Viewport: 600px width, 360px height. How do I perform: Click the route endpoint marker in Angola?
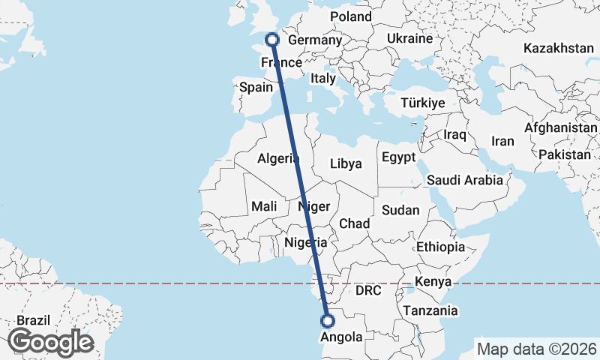(328, 321)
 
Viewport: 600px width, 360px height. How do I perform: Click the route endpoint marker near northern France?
(272, 40)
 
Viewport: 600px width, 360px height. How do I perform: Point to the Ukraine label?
(410, 38)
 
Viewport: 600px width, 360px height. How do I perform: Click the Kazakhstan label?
(559, 48)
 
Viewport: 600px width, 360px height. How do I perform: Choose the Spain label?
(256, 87)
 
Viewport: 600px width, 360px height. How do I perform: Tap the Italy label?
(323, 78)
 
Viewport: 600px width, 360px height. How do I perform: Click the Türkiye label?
(424, 103)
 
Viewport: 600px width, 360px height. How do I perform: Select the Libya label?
(346, 163)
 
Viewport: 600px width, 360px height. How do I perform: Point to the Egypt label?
(398, 157)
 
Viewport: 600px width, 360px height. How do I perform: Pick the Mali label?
(264, 205)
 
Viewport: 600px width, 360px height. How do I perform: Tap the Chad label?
(355, 223)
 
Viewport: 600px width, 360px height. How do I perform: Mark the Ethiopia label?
(441, 247)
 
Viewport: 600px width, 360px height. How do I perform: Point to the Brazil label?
(33, 319)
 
